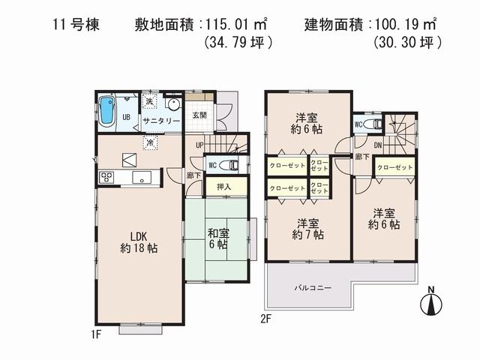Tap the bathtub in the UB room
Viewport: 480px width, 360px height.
point(107,111)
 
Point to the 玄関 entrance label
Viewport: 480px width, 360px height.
point(199,115)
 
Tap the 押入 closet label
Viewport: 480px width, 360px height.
point(223,186)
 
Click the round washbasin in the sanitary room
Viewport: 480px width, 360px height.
point(174,106)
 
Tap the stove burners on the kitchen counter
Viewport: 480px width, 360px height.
point(106,178)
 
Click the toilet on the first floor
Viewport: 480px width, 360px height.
point(232,164)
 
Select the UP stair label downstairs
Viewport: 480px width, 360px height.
point(199,145)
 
